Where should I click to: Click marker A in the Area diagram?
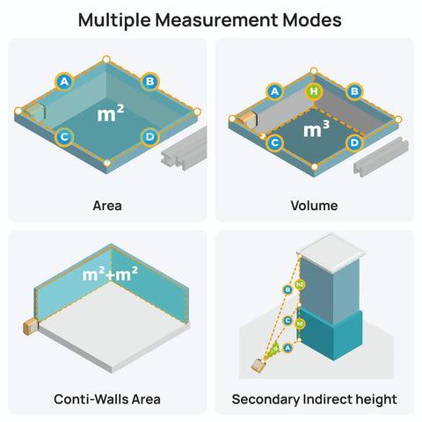click(64, 82)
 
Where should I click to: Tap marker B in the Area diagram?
click(149, 82)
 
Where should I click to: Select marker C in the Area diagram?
click(64, 137)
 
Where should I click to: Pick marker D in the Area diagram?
click(149, 137)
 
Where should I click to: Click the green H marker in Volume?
click(314, 91)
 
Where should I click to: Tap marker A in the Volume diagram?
click(274, 91)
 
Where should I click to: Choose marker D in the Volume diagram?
click(354, 143)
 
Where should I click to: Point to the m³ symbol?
click(316, 129)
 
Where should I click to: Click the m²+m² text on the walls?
click(110, 274)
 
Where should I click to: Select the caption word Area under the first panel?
click(107, 206)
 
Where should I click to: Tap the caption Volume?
click(314, 206)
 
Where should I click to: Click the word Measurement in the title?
click(216, 20)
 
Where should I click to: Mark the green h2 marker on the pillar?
click(300, 284)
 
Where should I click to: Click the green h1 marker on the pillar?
click(300, 324)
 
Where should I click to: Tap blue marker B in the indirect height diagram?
click(287, 290)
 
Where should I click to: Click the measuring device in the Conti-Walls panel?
click(31, 327)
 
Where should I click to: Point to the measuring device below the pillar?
click(258, 366)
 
